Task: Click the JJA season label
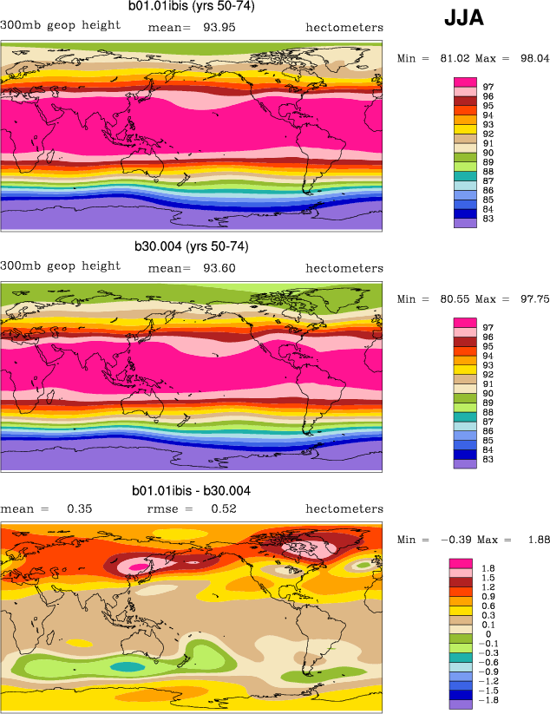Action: [x=464, y=18]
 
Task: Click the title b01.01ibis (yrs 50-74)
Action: [x=192, y=6]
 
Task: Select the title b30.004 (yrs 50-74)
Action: [x=192, y=246]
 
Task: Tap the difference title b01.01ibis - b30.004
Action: [x=192, y=491]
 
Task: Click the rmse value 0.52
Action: [x=224, y=508]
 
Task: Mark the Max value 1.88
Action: [x=538, y=540]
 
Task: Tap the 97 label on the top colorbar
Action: [x=488, y=87]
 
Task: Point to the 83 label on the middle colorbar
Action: [x=488, y=459]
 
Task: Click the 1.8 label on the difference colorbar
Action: [x=488, y=567]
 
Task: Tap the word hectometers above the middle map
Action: [x=344, y=268]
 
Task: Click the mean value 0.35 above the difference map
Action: [x=80, y=508]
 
